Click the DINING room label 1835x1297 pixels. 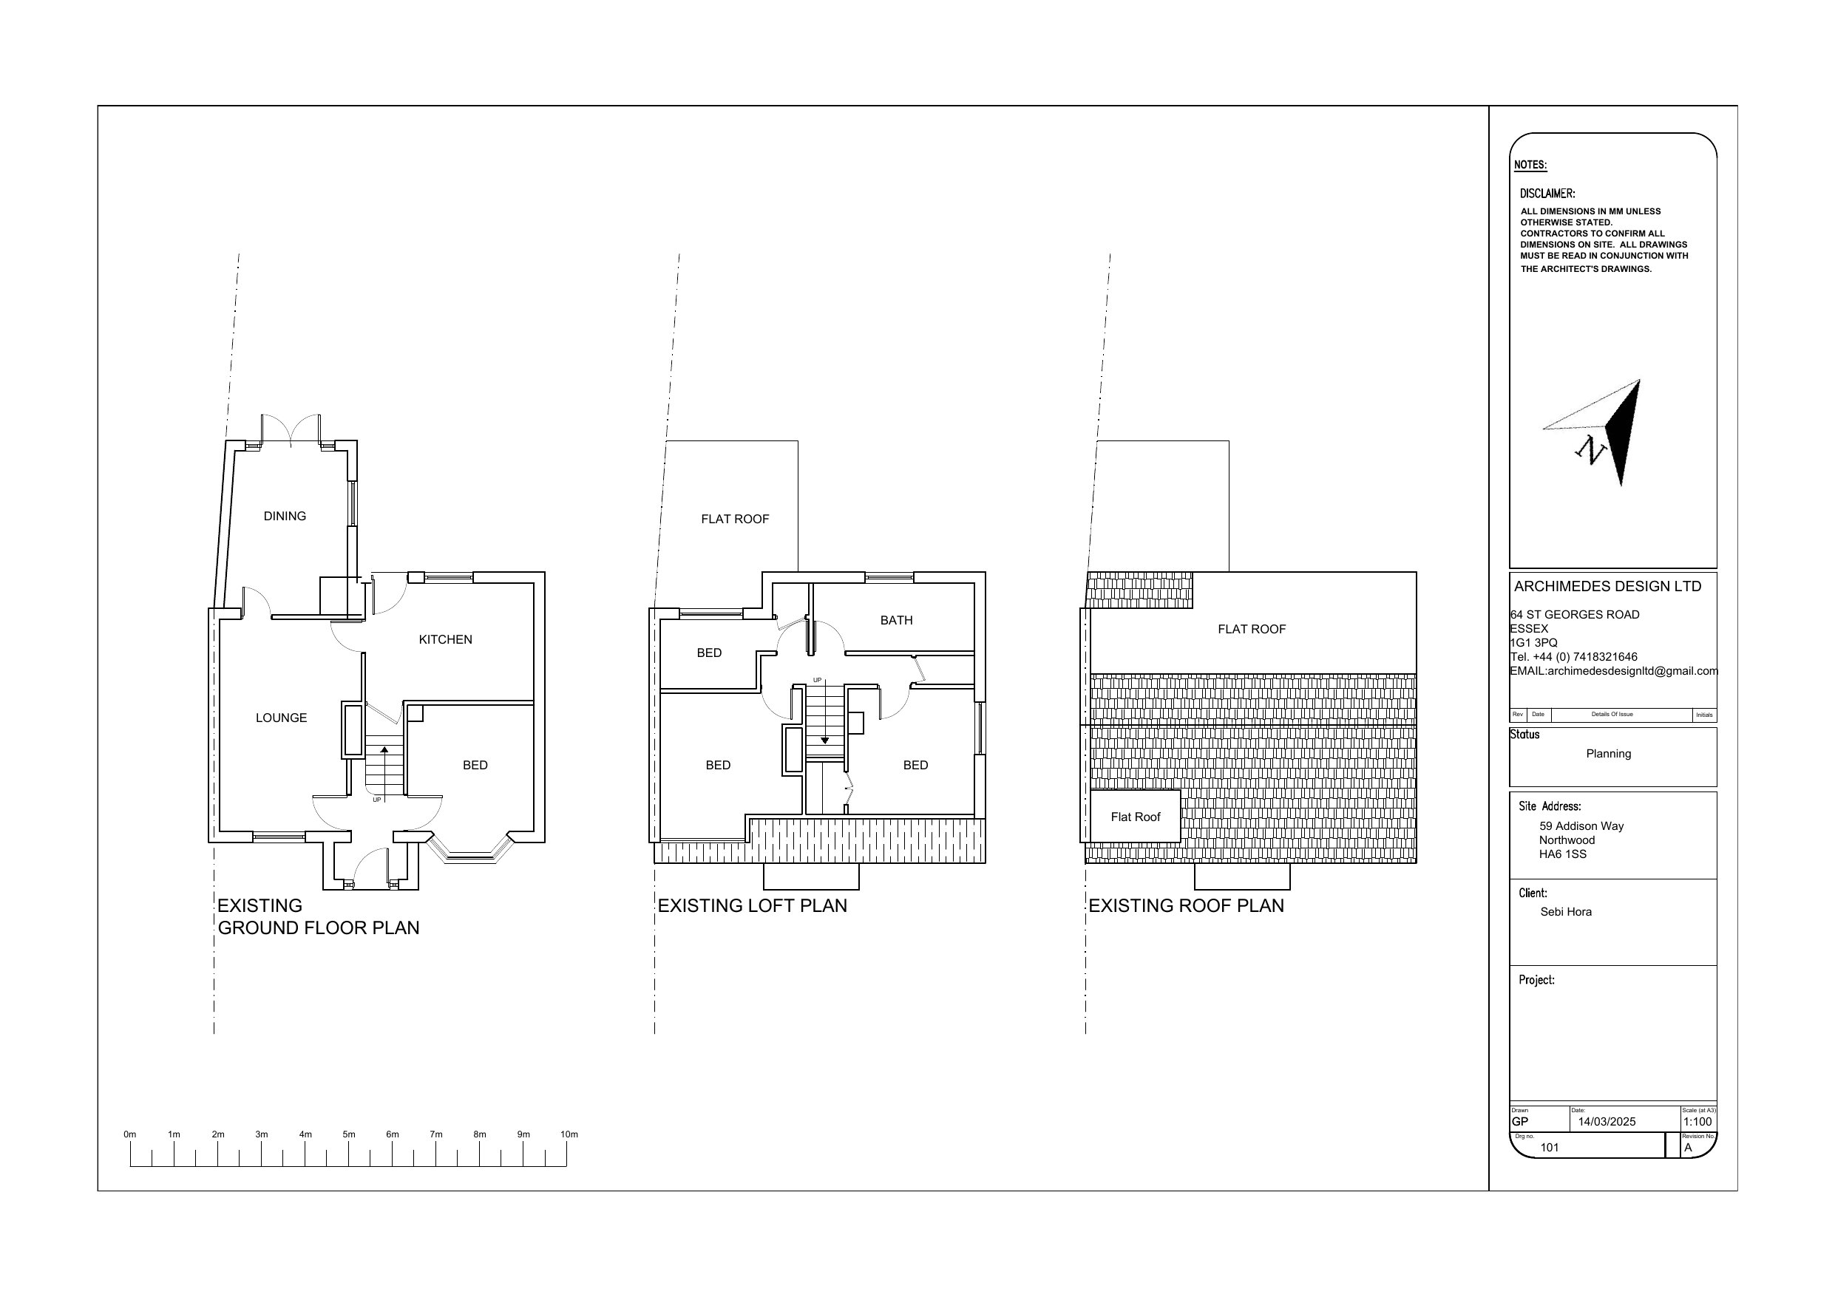tap(285, 517)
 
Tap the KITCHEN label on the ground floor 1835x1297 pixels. tap(445, 639)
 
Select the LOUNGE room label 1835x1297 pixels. tap(282, 718)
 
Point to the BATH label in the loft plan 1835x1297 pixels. tap(896, 620)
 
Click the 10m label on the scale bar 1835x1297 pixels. tap(569, 1134)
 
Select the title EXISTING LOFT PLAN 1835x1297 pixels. tap(752, 905)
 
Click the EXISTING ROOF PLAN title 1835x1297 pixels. tap(1186, 905)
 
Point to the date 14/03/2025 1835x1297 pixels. tap(1607, 1121)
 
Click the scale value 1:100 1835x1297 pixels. tap(1697, 1121)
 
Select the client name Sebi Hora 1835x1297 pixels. tap(1566, 912)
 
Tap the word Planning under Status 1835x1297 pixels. tap(1608, 754)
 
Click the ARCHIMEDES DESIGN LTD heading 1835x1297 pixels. tap(1607, 586)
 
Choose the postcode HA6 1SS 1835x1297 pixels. tap(1562, 854)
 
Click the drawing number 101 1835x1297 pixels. tap(1549, 1148)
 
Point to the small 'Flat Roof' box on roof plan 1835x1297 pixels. tap(1135, 817)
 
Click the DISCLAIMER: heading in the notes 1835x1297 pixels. tap(1547, 194)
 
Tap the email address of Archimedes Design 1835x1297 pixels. tap(1614, 671)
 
